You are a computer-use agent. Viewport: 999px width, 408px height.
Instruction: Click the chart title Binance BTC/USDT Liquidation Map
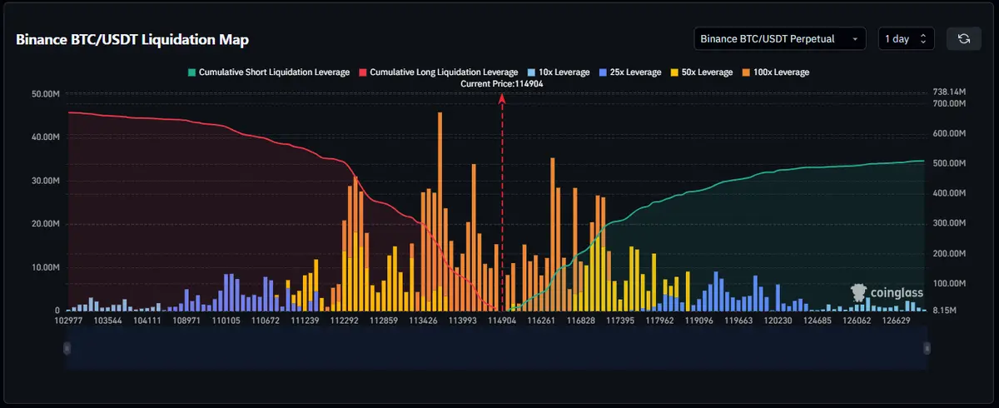pos(132,40)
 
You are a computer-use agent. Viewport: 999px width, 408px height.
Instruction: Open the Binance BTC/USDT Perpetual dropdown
pos(779,39)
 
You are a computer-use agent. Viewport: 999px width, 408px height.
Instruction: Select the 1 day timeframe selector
pos(906,39)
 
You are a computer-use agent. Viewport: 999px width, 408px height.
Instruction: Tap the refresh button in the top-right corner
pos(963,39)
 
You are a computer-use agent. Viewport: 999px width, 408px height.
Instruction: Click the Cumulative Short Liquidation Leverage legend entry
pos(269,72)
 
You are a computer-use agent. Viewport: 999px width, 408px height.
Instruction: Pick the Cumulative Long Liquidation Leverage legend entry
pos(437,72)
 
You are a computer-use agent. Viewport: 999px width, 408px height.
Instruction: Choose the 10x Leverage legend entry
pos(559,72)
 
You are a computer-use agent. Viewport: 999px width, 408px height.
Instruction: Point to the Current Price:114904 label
pos(502,83)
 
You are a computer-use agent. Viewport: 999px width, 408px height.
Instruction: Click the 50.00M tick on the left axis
pos(44,94)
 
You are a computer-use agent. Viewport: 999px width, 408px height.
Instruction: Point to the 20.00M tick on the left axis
pos(44,224)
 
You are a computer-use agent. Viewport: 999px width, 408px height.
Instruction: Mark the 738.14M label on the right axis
pos(948,92)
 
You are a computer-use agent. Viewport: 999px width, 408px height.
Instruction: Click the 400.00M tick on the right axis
pos(948,193)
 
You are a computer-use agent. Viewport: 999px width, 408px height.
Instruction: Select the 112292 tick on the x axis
pos(344,320)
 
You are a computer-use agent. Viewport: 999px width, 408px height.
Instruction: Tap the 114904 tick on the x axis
pos(502,320)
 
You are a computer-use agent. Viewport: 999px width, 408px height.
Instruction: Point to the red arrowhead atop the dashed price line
pos(502,97)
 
